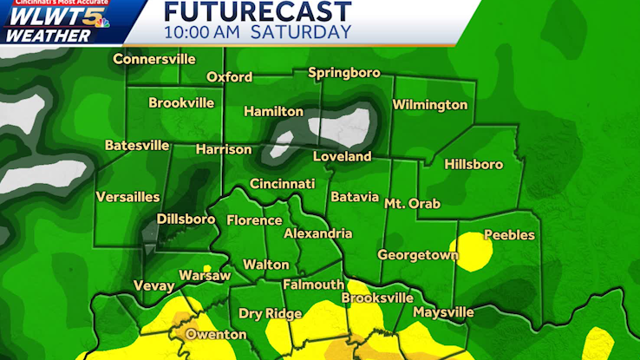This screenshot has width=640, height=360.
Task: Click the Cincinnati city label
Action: point(282,184)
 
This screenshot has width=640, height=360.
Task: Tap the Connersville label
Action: point(154,60)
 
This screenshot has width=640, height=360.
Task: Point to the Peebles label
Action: point(509,235)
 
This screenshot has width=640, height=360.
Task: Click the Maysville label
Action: point(443,311)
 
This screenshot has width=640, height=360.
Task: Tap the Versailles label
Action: point(127,197)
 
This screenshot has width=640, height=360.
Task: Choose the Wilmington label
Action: point(430,105)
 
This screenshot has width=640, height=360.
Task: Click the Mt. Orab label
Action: point(412,204)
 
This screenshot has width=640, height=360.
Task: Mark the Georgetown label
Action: point(417,255)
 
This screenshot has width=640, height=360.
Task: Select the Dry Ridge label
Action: point(271,314)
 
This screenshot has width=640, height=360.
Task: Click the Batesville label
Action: point(137,146)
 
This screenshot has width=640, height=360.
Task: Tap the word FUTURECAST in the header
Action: point(258,11)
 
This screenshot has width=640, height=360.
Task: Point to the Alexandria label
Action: point(318,233)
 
